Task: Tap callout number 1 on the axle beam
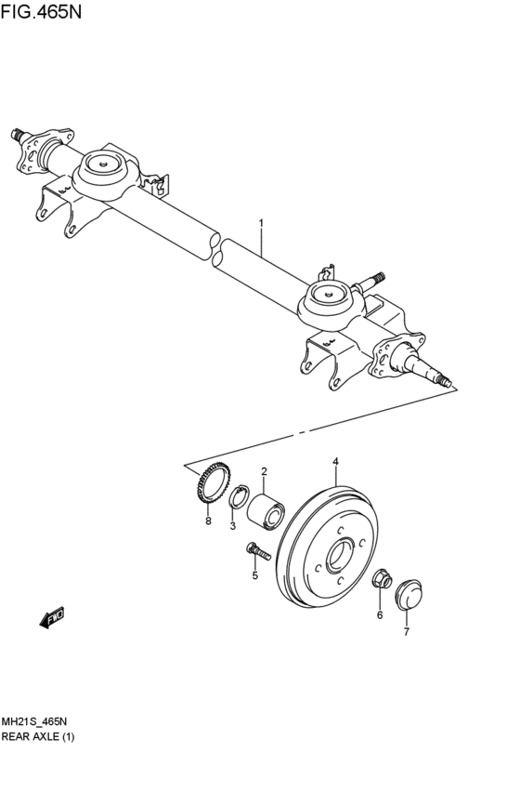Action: [261, 223]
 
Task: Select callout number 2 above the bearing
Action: [264, 472]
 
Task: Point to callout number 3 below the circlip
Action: [234, 526]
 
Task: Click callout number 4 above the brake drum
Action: [335, 461]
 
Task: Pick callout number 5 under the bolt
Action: [254, 576]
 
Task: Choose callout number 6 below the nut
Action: [379, 614]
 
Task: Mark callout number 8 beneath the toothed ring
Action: [208, 521]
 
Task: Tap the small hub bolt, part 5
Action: [257, 554]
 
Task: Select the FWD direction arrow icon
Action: [51, 617]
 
